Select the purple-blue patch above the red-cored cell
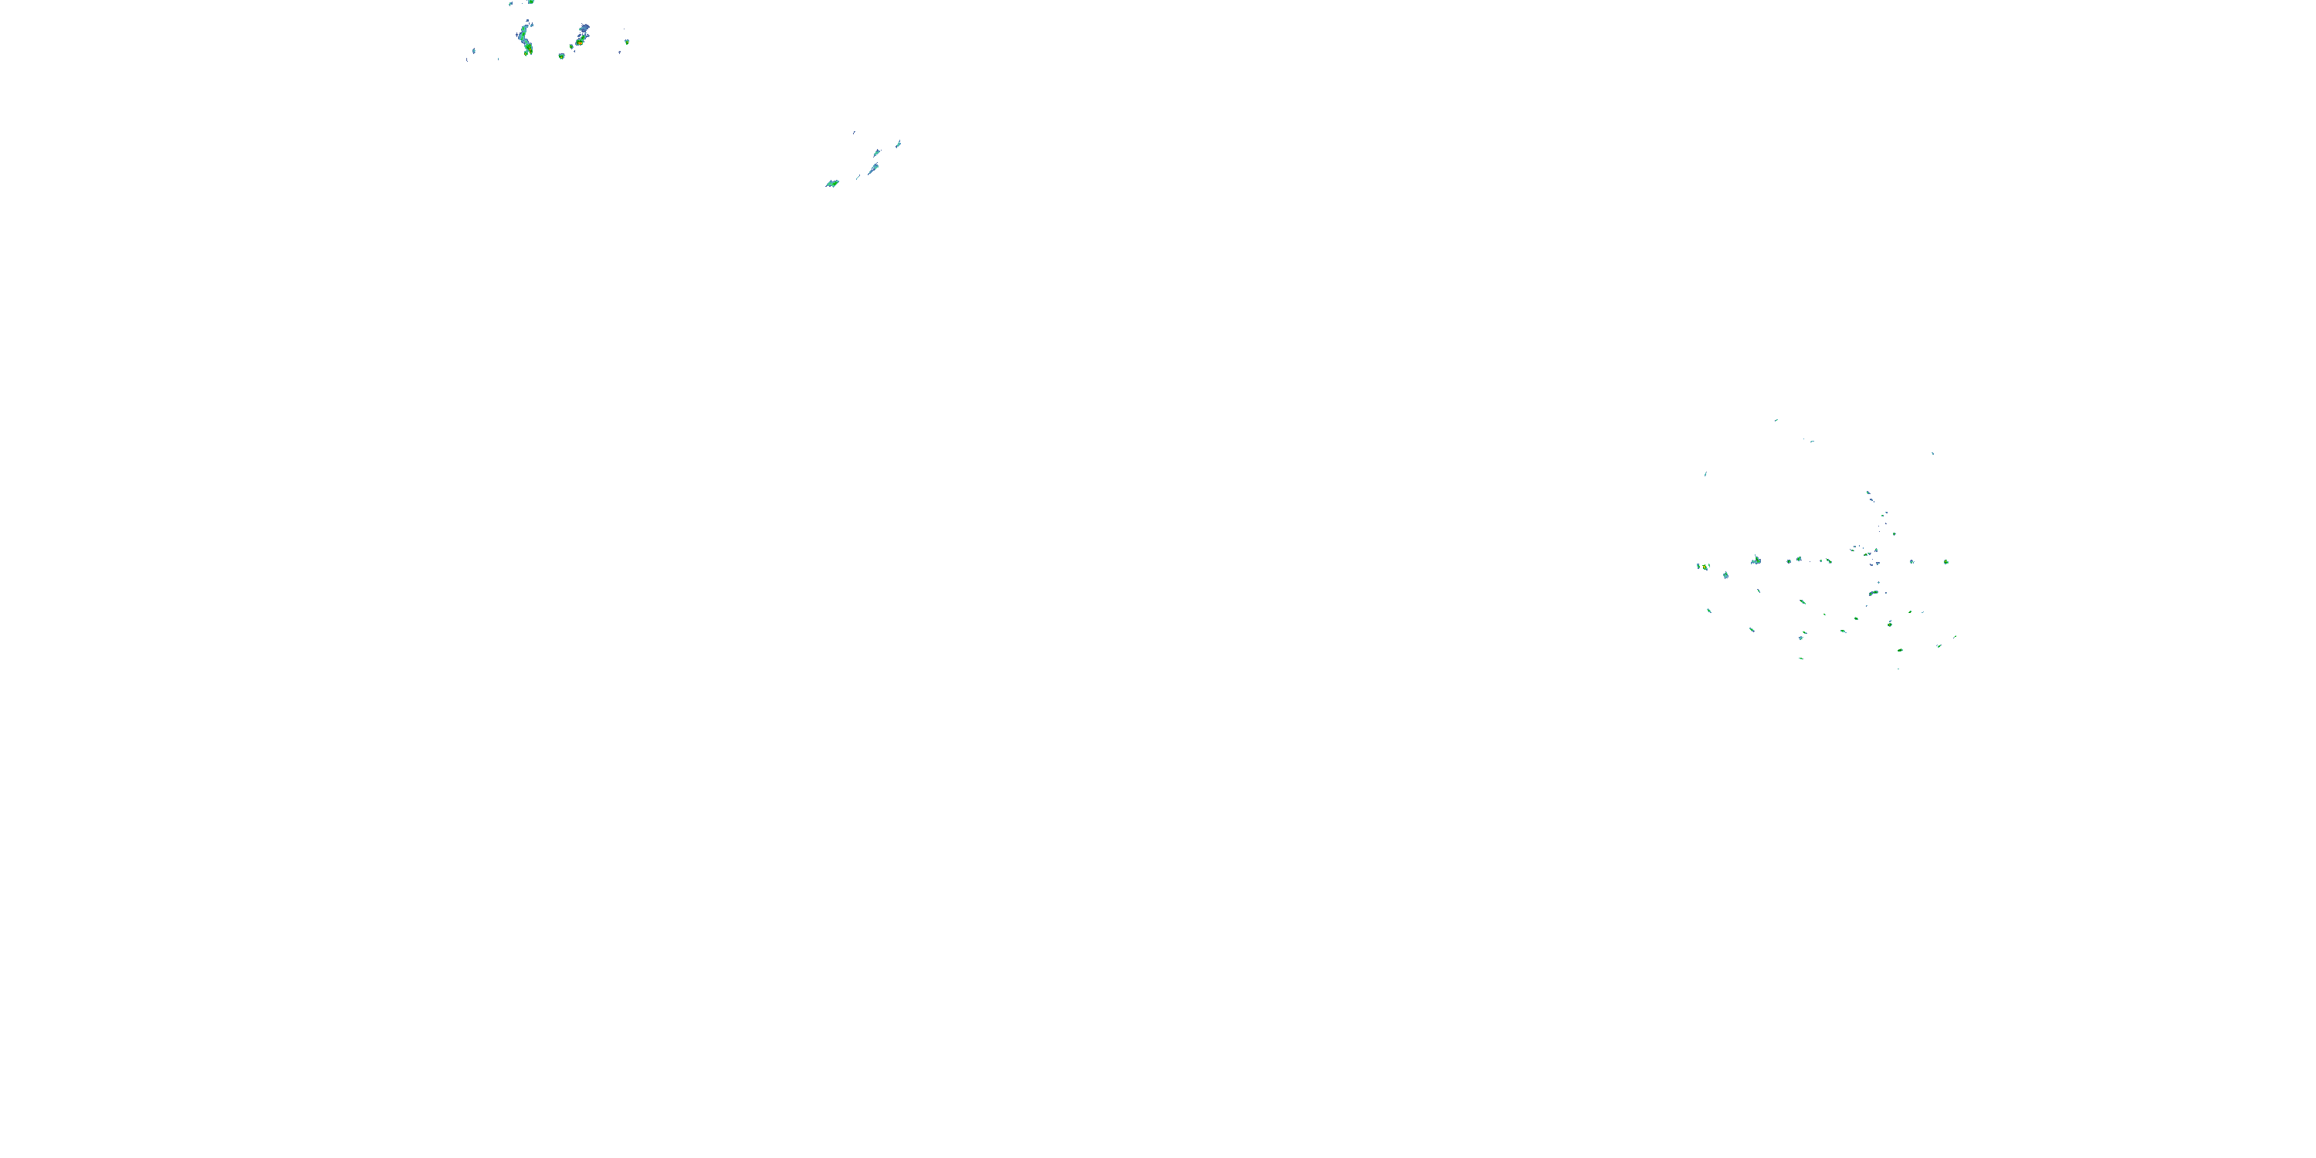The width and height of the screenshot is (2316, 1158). pos(584,29)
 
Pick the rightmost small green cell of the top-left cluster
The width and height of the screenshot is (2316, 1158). pos(627,42)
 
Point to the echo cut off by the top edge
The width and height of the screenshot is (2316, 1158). pos(530,2)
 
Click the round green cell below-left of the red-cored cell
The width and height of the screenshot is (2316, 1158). pos(561,56)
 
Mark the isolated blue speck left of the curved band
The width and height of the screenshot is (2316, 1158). pos(473,51)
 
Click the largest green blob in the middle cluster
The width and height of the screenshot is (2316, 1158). pos(831,184)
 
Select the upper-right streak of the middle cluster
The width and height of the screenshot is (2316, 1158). pos(898,143)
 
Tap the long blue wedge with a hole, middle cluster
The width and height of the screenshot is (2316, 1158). pos(872,169)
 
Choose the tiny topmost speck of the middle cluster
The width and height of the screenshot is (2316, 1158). pos(854,132)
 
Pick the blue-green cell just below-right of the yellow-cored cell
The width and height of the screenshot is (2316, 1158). pos(1725,574)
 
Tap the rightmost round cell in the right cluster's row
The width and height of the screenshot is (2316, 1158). pos(1945,562)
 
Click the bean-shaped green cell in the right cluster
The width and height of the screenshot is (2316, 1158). pos(1873,594)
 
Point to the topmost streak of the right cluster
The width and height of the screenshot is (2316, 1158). pos(1776,420)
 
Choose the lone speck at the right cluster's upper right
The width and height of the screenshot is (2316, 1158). pos(1932,453)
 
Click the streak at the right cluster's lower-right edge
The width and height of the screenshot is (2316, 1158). pos(1954,638)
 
